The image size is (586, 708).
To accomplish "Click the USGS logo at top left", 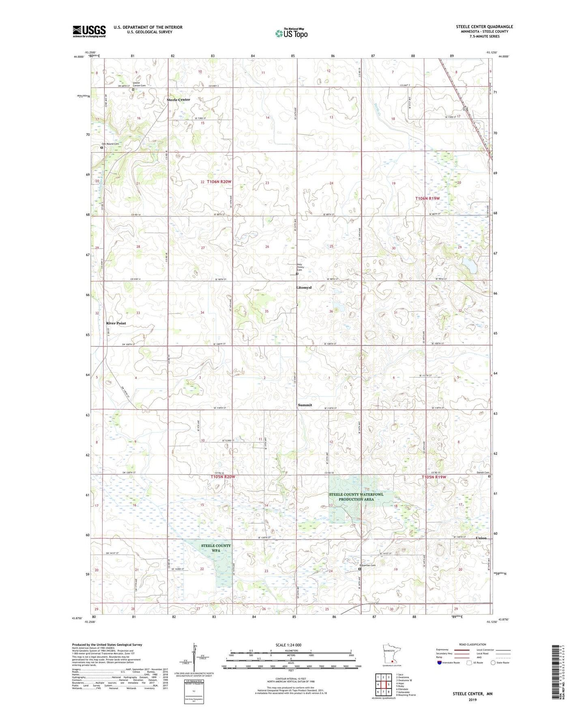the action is click(x=89, y=31).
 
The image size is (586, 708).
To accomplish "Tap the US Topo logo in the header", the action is click(x=291, y=33).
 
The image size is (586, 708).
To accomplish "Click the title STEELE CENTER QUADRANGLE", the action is click(x=484, y=27).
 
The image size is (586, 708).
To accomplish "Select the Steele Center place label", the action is click(x=178, y=100).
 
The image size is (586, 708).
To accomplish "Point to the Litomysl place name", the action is click(x=304, y=287).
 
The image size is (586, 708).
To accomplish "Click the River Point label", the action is click(x=116, y=323).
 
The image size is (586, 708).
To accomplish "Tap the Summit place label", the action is click(x=305, y=405).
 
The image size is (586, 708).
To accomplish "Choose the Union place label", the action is click(x=481, y=538).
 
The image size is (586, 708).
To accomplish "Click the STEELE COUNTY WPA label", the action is click(x=216, y=548).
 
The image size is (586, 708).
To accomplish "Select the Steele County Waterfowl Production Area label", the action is click(x=356, y=497).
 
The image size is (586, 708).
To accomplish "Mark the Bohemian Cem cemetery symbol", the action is click(x=360, y=569).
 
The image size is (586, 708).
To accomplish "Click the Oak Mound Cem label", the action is click(x=110, y=144).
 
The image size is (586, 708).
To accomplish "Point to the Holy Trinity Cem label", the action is click(x=301, y=267).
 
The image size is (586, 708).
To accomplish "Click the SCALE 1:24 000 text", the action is click(x=288, y=645).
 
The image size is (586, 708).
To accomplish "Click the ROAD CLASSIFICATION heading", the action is click(x=472, y=644).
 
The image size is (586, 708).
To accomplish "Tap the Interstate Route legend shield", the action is click(x=440, y=663).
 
